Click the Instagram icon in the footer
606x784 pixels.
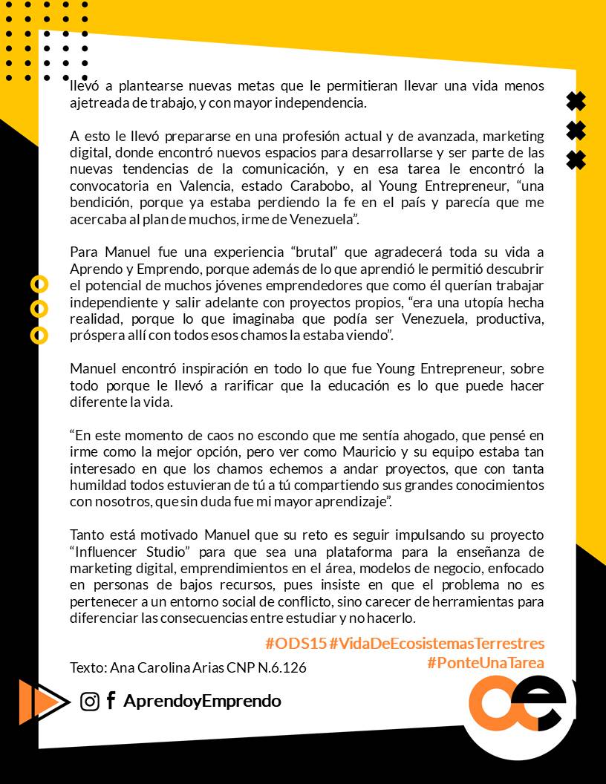tap(90, 702)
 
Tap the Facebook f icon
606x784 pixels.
tap(111, 701)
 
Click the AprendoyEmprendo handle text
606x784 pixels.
tap(202, 701)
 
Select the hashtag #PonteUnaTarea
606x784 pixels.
tap(486, 662)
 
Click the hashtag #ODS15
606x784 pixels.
tap(296, 643)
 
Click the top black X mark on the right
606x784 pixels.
tap(576, 101)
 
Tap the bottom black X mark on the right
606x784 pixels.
tap(576, 160)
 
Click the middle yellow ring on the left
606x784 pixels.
tap(39, 309)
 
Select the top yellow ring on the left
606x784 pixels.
tap(39, 284)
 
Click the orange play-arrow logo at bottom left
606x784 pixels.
tap(40, 702)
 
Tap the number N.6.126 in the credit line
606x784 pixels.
tap(281, 667)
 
